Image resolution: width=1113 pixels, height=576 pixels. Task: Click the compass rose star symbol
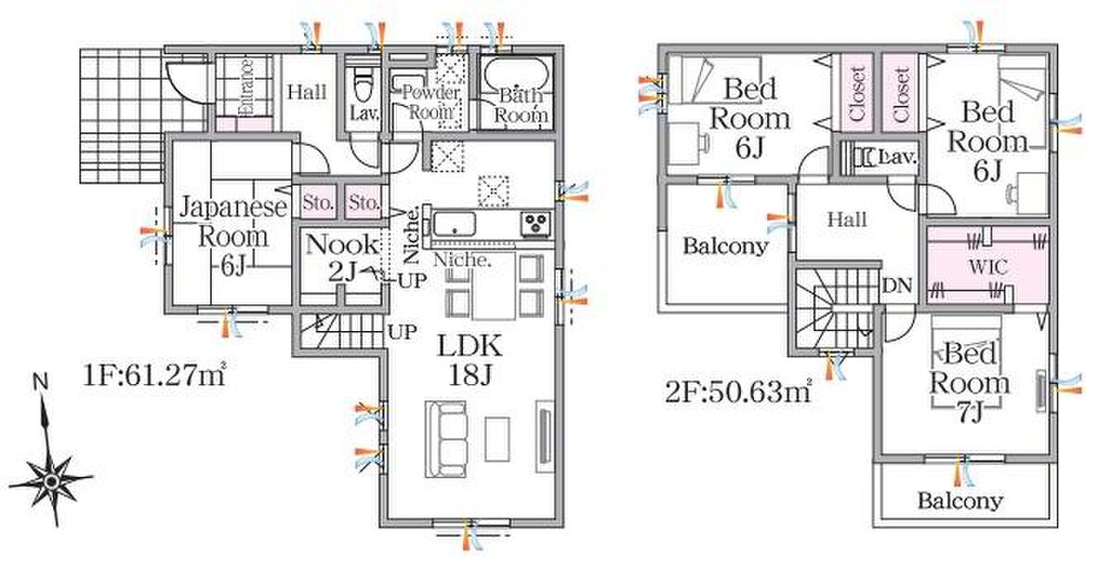[51, 481]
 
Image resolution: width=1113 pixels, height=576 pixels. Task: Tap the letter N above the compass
[40, 381]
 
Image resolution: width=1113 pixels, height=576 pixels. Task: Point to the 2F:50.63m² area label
[739, 392]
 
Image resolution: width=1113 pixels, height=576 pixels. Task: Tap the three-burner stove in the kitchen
[536, 224]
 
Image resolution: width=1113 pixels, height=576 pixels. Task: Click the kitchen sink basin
[454, 224]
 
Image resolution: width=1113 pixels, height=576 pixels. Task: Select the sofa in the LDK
[446, 440]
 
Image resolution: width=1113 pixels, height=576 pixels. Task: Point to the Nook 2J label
[342, 258]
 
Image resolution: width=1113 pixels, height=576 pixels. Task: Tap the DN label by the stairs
[898, 286]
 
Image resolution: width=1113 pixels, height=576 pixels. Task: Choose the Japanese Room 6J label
[233, 236]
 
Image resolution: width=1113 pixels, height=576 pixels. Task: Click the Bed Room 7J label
[969, 383]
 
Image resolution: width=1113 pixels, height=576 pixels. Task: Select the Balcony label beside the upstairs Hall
[725, 246]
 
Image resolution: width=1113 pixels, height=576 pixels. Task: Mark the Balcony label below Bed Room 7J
[960, 501]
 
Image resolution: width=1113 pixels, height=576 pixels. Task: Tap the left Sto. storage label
[317, 203]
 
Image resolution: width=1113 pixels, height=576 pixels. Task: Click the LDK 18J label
[470, 360]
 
